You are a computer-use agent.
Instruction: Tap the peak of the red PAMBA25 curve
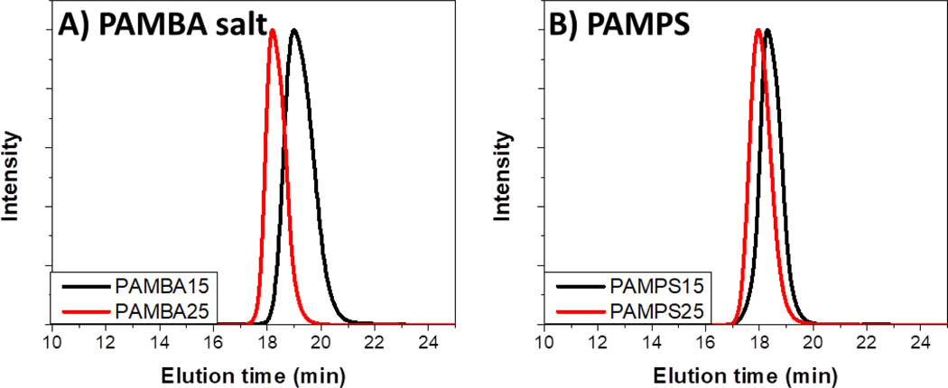(273, 31)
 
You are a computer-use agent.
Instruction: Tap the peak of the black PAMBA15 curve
(293, 31)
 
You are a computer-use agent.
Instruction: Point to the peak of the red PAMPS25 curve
(758, 31)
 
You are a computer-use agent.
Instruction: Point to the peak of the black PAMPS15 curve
(767, 31)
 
